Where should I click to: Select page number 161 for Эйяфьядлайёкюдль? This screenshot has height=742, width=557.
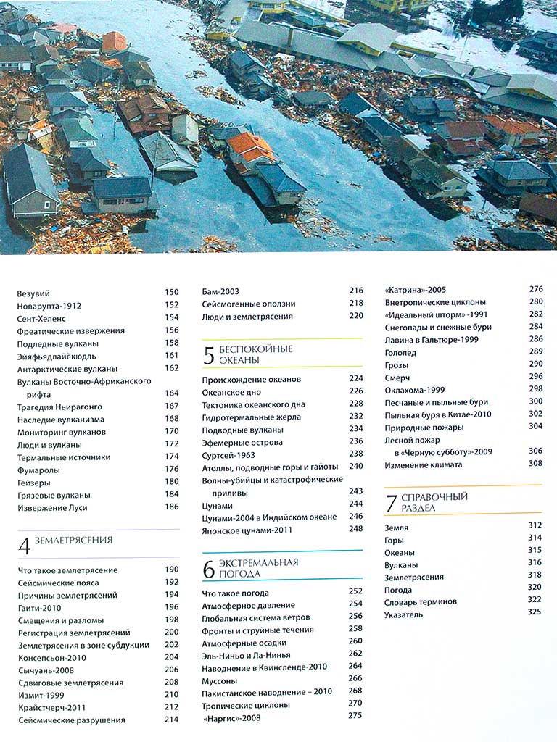coord(171,355)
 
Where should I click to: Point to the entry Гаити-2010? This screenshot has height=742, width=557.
coord(41,607)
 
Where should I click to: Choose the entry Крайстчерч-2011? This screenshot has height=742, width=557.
coord(51,707)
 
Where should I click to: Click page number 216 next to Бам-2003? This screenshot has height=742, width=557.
coord(355,291)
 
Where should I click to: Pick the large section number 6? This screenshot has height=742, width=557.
coord(209,570)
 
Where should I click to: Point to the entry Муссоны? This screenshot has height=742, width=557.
coord(220,680)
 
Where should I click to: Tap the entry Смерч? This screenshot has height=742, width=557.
coord(397,377)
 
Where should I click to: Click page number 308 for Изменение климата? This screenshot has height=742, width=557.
coord(535,464)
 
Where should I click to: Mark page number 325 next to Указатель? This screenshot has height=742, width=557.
coord(535,612)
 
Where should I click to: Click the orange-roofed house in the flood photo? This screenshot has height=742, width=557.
coord(250,149)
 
